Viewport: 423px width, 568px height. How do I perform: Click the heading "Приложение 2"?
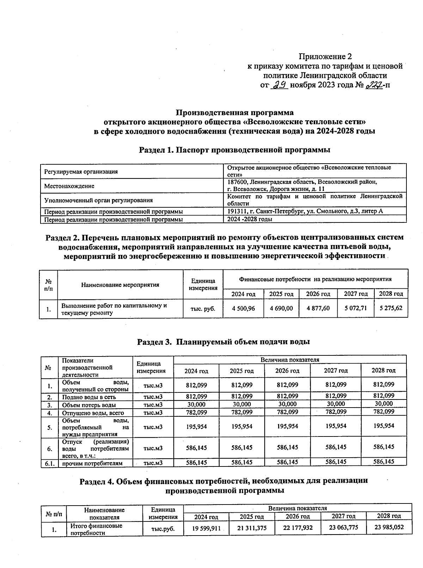(325, 56)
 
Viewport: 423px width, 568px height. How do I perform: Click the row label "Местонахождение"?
(69, 186)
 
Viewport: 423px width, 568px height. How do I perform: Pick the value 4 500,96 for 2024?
(243, 308)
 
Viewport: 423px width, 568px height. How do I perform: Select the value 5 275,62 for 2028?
(391, 308)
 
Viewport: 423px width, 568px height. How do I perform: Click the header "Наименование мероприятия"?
(120, 285)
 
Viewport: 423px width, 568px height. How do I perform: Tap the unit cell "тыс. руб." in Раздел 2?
(203, 309)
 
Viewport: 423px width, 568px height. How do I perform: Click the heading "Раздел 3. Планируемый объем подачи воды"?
(223, 342)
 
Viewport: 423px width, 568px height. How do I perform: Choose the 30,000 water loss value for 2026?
(287, 404)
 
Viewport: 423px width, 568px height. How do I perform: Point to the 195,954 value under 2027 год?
(336, 426)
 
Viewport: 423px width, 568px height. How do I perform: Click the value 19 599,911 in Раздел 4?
(206, 528)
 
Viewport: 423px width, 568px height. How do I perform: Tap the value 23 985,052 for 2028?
(389, 527)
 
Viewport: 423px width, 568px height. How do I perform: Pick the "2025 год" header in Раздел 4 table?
(251, 517)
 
